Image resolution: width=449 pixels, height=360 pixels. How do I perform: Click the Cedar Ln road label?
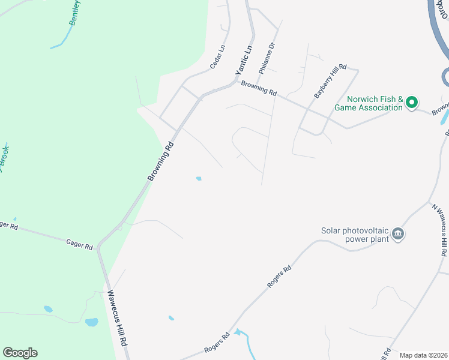(217, 56)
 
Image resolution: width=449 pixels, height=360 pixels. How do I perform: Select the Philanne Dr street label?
(267, 58)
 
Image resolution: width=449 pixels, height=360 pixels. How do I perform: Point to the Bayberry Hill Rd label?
(331, 82)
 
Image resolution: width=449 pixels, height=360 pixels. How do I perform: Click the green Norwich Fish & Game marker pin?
(411, 103)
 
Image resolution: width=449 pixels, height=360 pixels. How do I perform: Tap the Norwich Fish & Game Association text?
(374, 103)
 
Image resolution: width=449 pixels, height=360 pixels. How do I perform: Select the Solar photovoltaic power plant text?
(354, 234)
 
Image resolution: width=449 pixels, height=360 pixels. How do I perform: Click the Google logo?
(20, 353)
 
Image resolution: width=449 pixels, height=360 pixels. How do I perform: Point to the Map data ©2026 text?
(423, 355)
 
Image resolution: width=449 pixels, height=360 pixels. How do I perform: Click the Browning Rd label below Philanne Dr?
(259, 88)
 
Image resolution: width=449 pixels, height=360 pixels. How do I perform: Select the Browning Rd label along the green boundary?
(161, 161)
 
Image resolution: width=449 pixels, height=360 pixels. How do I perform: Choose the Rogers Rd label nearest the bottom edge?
(217, 343)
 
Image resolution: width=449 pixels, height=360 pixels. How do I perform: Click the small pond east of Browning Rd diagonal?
(198, 178)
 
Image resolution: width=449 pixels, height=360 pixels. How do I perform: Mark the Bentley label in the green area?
(74, 12)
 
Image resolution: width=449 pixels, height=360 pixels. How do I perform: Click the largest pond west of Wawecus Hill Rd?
(92, 322)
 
